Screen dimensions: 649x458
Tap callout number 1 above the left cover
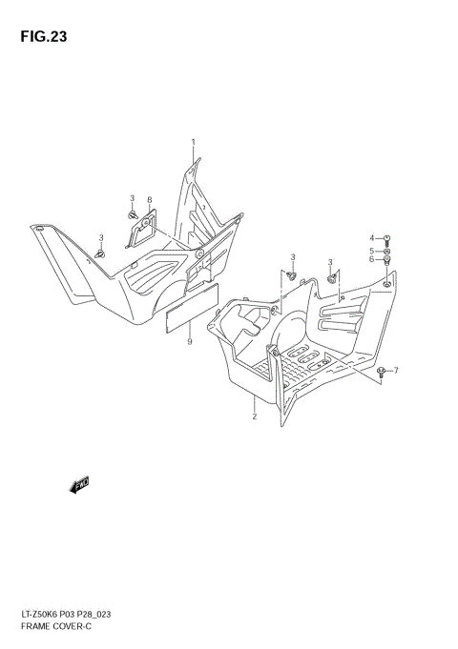tap(193, 142)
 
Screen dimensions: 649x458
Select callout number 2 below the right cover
tap(255, 416)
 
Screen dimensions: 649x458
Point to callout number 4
tap(373, 237)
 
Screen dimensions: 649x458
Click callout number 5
tap(373, 250)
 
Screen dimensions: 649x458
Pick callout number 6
tap(373, 259)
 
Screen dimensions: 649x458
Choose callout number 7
tap(396, 370)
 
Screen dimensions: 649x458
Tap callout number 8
tap(149, 200)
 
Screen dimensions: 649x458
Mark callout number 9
tap(190, 341)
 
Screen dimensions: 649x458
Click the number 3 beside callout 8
tap(133, 197)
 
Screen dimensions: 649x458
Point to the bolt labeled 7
tap(382, 371)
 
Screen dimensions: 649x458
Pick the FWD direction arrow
tap(80, 485)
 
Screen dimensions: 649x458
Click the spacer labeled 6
tap(388, 260)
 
